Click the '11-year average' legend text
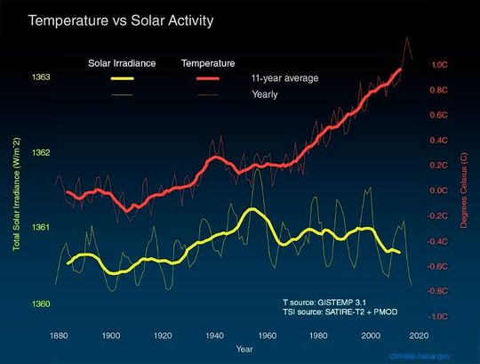[x=284, y=78]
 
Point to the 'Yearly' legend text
[x=265, y=93]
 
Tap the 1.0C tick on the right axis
[x=440, y=65]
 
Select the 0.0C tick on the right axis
[x=440, y=190]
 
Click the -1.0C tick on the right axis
[x=438, y=316]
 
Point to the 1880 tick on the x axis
[x=60, y=336]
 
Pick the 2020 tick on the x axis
[x=420, y=336]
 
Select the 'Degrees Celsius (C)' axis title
[x=465, y=190]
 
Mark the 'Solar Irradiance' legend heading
[x=123, y=63]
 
